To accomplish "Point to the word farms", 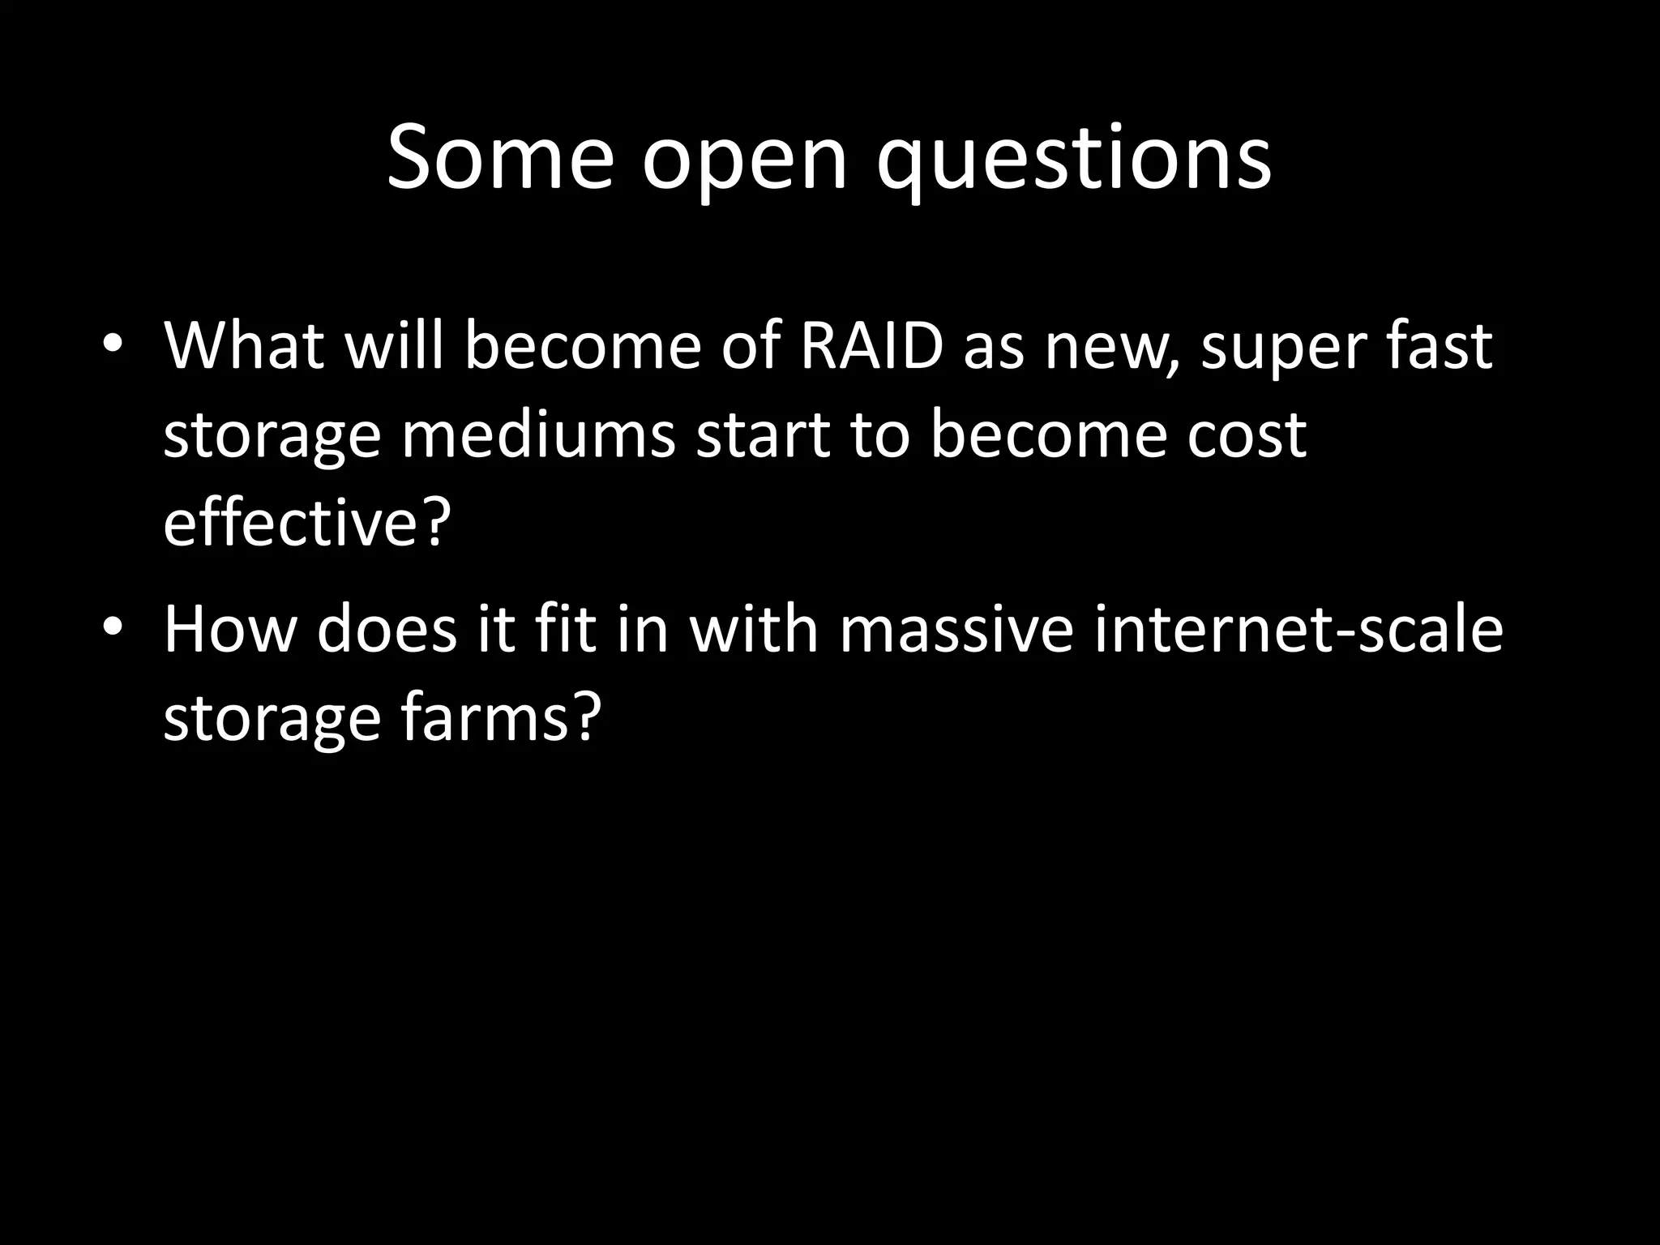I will (x=501, y=717).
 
